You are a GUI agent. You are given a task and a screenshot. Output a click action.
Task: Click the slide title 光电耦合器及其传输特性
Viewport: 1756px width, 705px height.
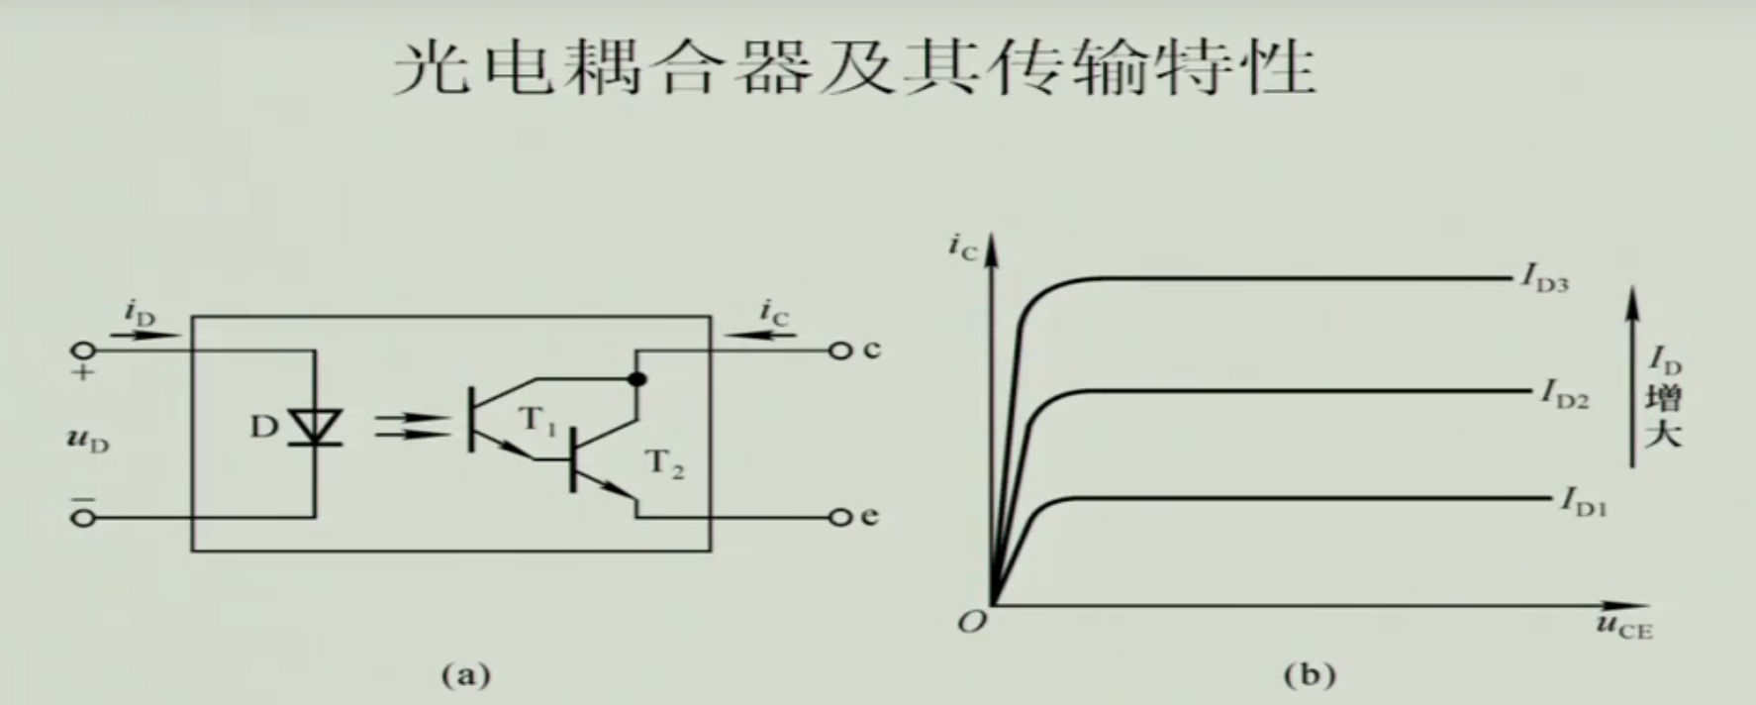[854, 68]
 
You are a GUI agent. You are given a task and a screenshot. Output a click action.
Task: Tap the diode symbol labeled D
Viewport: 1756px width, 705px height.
[316, 428]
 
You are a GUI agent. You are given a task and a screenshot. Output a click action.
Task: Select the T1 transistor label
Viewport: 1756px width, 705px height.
[537, 421]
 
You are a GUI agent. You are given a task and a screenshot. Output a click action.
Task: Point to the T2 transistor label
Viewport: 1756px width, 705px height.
[664, 463]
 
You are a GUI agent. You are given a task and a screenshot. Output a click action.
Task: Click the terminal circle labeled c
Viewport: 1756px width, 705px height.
[840, 351]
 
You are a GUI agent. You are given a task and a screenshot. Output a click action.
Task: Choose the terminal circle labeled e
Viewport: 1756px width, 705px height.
[840, 517]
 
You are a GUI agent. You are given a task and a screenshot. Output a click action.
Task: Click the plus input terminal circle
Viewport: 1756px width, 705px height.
[83, 351]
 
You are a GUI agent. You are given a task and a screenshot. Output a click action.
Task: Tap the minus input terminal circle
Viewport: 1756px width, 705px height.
[83, 517]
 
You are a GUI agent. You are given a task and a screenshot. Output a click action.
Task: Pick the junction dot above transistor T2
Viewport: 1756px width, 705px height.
[637, 378]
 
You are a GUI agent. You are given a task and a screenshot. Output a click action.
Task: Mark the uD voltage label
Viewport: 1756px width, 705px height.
[87, 438]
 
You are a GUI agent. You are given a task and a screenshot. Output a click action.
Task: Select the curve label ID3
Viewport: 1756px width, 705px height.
[1545, 280]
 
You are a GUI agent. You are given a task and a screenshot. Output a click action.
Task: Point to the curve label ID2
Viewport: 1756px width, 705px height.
[1564, 395]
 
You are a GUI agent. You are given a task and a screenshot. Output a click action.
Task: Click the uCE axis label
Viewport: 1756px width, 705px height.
[1623, 626]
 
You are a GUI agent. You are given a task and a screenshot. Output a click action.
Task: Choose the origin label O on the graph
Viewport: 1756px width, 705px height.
[972, 622]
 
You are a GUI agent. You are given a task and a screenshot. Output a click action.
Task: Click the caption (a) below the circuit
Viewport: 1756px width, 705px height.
[465, 675]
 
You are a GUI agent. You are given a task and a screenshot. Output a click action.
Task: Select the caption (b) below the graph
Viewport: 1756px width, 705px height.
[1309, 675]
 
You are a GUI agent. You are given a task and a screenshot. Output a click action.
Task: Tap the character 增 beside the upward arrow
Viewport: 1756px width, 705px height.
[1663, 399]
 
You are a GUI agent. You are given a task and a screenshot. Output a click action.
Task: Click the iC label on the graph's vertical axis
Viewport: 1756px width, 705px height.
[961, 248]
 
